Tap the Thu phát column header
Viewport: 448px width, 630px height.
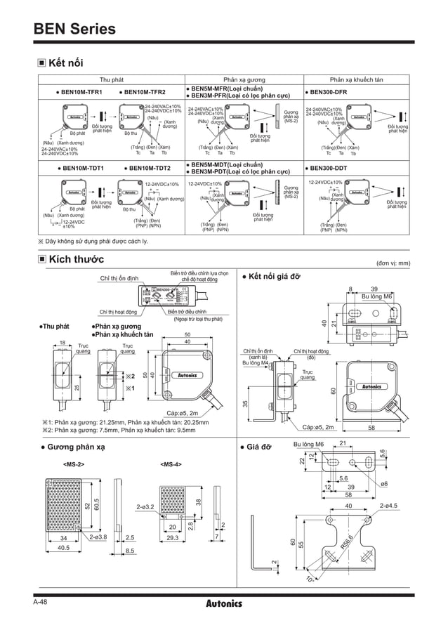click(x=112, y=80)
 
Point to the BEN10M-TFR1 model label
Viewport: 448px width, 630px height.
click(x=79, y=92)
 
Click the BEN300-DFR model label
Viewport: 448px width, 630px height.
click(x=332, y=92)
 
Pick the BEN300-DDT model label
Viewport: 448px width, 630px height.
click(x=332, y=169)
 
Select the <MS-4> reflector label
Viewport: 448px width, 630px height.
click(x=171, y=464)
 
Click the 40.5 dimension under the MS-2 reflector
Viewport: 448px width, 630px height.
click(x=64, y=549)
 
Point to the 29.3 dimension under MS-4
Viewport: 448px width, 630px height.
click(x=173, y=538)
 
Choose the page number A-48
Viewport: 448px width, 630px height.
click(x=41, y=602)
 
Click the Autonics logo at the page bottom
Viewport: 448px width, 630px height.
click(x=224, y=603)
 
